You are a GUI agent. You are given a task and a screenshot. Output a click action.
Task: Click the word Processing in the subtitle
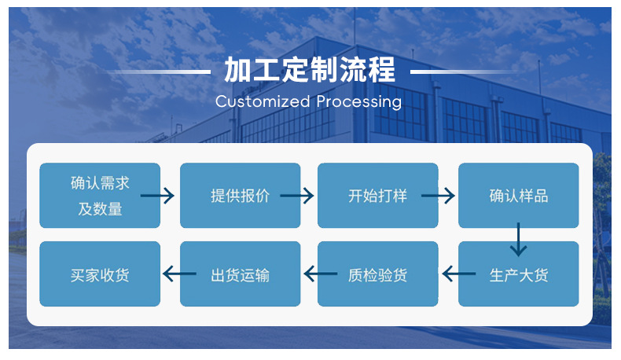359,101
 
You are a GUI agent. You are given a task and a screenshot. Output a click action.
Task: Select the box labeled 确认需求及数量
100,196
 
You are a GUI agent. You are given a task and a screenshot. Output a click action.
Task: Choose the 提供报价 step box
240,196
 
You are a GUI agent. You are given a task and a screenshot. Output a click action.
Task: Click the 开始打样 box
377,196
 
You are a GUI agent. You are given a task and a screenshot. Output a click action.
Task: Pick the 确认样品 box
518,196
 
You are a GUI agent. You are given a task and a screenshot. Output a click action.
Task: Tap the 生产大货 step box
518,274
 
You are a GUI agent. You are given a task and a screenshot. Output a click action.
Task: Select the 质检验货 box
377,274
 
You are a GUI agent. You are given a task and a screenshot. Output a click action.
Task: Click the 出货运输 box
240,274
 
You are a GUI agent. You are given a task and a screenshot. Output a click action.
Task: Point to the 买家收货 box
100,274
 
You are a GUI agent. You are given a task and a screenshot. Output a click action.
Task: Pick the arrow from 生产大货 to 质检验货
459,274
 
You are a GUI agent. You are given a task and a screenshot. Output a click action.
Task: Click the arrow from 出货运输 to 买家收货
179,274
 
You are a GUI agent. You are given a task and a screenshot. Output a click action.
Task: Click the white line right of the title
462,72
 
